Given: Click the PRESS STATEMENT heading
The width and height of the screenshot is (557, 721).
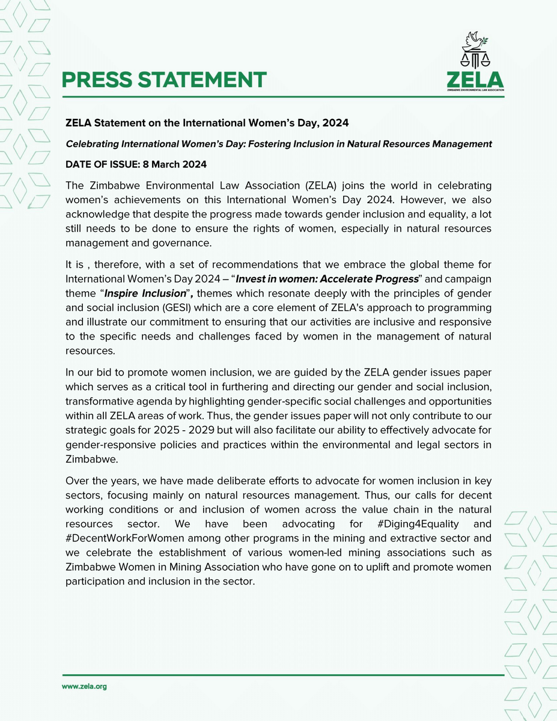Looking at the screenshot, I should click(x=164, y=79).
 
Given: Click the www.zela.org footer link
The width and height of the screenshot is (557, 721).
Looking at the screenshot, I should click(x=84, y=686).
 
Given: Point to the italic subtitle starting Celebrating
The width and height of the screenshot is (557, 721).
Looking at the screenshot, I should click(x=279, y=144).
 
